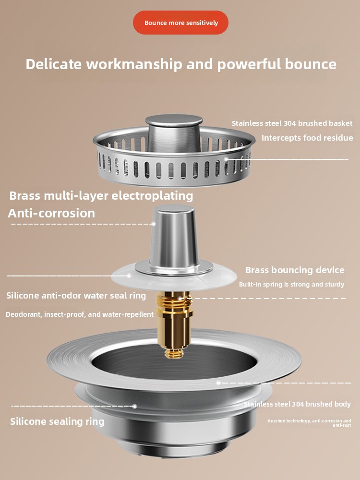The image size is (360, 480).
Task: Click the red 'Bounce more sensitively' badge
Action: tap(180, 23)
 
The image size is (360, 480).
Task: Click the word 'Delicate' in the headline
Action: tap(54, 64)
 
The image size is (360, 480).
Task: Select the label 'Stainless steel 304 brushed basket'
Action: tap(292, 123)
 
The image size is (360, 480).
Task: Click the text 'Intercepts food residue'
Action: tap(307, 138)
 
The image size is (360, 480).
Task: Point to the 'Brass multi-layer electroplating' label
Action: tap(101, 196)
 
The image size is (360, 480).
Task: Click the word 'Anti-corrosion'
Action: tap(51, 213)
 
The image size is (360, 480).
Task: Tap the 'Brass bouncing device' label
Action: tap(295, 270)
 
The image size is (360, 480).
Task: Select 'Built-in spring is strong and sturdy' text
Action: tap(291, 284)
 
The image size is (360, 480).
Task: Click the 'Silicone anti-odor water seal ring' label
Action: tap(76, 296)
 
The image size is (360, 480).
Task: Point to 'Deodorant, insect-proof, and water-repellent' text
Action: tap(80, 314)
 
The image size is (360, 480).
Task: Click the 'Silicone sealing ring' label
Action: tap(57, 421)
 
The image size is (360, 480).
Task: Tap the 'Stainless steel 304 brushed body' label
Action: tap(297, 404)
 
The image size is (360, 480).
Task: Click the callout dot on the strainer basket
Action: tap(226, 159)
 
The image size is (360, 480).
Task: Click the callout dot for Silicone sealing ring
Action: tap(134, 406)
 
